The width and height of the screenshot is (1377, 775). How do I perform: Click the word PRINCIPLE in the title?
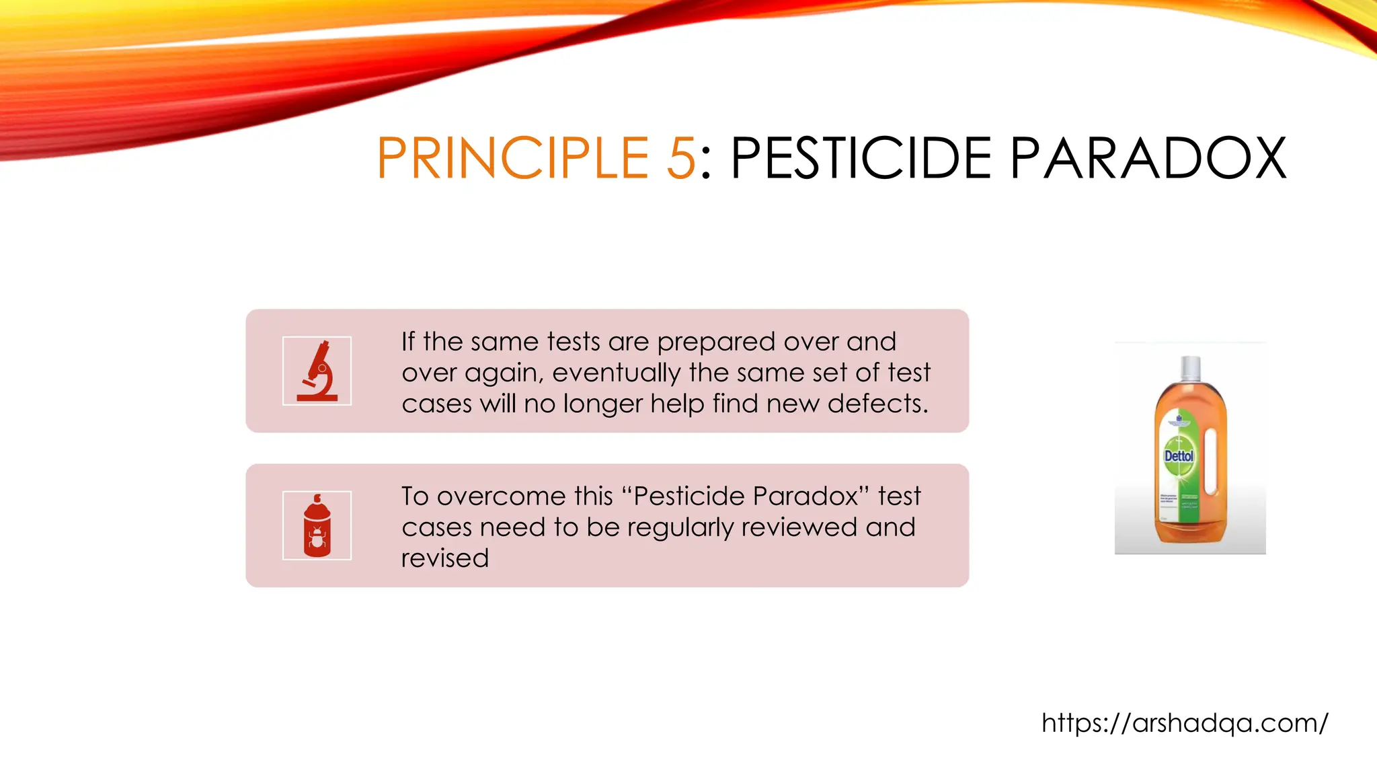tap(512, 159)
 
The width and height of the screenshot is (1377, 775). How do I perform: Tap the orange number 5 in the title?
tap(680, 159)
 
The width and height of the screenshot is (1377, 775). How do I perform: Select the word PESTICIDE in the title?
tap(861, 159)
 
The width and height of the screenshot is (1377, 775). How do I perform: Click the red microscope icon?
tap(317, 371)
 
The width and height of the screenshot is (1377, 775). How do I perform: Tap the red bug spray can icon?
tap(317, 526)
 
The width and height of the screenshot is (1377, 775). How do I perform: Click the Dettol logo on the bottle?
tap(1179, 456)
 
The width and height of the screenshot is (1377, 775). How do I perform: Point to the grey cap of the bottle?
tap(1191, 368)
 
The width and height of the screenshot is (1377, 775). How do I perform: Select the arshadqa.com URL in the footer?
tap(1185, 723)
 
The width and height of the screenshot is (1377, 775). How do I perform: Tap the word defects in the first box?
tap(877, 404)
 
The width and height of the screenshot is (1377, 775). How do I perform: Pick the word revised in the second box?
tap(445, 558)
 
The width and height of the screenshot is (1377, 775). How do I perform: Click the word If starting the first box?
tap(407, 342)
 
